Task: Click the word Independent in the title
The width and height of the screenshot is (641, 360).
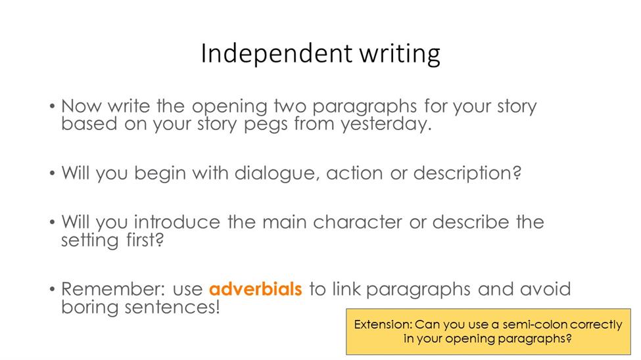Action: [x=276, y=53]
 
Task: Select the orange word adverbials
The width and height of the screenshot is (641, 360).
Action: [x=256, y=289]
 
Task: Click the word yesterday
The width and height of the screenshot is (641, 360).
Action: [x=387, y=124]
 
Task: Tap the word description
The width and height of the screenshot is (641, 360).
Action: [x=467, y=173]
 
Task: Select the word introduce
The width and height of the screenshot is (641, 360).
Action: [x=177, y=222]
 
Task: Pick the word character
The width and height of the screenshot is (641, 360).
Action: [x=358, y=222]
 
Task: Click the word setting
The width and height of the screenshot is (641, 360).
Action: [x=89, y=240]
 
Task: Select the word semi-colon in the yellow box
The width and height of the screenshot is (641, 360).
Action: [x=534, y=325]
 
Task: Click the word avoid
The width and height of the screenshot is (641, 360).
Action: [x=545, y=289]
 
